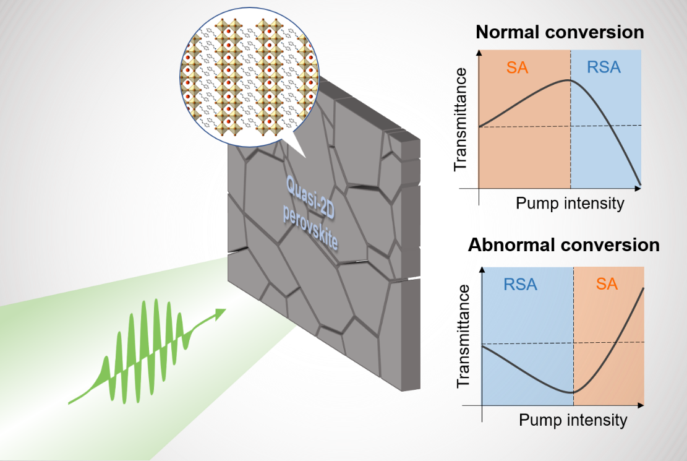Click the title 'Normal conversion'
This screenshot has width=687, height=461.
(x=561, y=32)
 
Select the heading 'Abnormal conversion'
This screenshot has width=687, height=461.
(x=563, y=244)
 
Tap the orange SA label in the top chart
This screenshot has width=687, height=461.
(x=517, y=67)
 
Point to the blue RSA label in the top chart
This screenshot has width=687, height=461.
(x=604, y=67)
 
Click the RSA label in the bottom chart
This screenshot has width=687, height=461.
(x=520, y=285)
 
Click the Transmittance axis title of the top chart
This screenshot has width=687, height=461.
(x=461, y=119)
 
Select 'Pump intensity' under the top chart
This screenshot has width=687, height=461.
(x=570, y=203)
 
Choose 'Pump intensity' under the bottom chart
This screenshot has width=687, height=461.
(x=573, y=420)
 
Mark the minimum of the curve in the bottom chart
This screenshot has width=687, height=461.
(x=573, y=392)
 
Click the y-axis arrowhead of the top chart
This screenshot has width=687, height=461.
(x=478, y=53)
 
